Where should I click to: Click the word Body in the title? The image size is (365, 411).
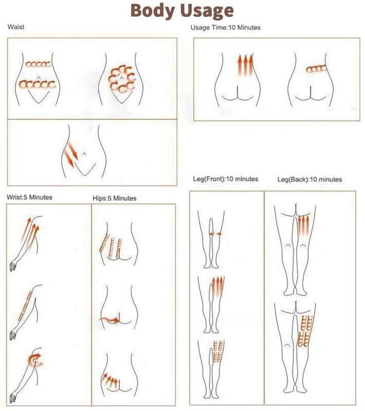coord(153,10)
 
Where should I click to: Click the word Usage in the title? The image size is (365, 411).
coord(207,11)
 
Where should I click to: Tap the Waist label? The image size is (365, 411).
coord(16,27)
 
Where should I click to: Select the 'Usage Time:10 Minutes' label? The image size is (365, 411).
coord(226,28)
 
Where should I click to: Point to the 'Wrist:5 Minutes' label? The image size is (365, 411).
coord(29,197)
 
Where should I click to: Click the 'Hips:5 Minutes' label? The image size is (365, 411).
coord(115,198)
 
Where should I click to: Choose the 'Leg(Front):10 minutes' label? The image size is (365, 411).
coord(226,179)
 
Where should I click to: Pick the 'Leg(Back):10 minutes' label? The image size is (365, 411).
coord(309,179)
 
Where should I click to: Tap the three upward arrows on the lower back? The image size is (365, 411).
coord(245,65)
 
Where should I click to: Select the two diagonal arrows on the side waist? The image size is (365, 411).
coord(71,154)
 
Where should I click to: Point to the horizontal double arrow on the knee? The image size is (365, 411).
coord(215,234)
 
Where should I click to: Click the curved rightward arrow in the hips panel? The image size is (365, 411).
coord(109,320)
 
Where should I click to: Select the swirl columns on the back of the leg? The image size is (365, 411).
coord(305,331)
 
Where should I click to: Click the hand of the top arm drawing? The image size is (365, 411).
coord(13,266)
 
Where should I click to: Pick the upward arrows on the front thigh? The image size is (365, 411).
coord(217,287)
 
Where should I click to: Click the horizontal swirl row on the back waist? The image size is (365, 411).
coord(317,69)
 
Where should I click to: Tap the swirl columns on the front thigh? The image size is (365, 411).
coord(218,352)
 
